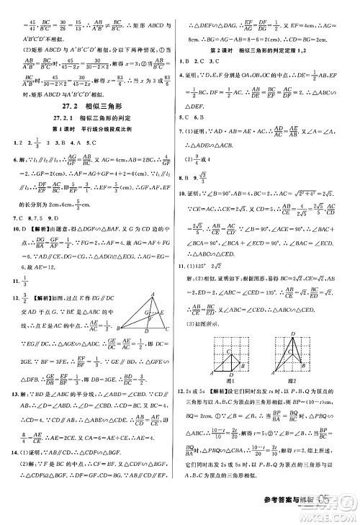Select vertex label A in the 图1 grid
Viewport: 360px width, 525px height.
pyautogui.click(x=212, y=372)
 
